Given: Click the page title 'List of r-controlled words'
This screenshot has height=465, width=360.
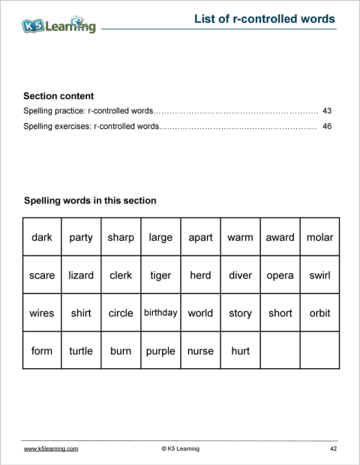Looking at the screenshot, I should [x=264, y=19].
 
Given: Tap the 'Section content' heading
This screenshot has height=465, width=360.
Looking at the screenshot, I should [x=58, y=96].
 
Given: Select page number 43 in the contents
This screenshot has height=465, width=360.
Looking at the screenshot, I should [x=326, y=111].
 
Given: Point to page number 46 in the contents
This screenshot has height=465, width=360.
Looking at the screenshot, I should [x=326, y=127].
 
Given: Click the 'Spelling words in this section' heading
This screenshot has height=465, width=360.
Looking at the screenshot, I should [x=90, y=201].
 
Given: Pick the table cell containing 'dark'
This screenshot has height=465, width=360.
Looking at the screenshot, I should [x=42, y=238].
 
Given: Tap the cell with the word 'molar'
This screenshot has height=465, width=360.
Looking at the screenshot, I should [x=319, y=238].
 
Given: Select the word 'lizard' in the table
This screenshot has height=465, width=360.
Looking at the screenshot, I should [x=81, y=275].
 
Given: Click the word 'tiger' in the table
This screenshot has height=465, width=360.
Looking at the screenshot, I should [x=160, y=275].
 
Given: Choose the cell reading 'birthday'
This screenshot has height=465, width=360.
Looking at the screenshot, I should [x=160, y=313].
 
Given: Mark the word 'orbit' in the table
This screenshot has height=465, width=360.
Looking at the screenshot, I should [x=319, y=313].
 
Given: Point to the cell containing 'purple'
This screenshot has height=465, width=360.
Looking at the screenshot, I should [x=160, y=351].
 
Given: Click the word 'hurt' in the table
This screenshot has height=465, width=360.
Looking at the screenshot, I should [x=240, y=351].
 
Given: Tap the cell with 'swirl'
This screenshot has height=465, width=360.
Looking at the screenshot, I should [x=319, y=275].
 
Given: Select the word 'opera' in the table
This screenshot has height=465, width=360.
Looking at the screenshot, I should [x=280, y=275].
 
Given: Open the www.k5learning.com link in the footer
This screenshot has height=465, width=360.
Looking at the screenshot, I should [x=51, y=448].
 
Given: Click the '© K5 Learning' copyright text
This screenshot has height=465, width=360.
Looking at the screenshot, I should [x=180, y=448].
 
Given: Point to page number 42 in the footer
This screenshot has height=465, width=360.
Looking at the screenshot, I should [x=333, y=448].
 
